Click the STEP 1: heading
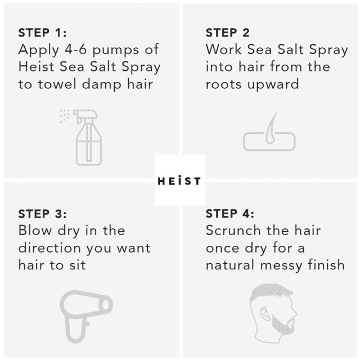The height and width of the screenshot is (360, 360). pyautogui.click(x=43, y=33)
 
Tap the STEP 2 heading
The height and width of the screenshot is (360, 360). pyautogui.click(x=227, y=33)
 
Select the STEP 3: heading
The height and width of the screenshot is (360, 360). pyautogui.click(x=43, y=214)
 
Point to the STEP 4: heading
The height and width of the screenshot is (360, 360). pyautogui.click(x=230, y=214)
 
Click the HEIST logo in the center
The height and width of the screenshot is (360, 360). pyautogui.click(x=179, y=181)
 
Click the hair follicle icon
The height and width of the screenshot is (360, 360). pyautogui.click(x=269, y=131)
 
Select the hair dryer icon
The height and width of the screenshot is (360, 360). pyautogui.click(x=86, y=316)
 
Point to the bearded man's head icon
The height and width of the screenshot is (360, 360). pyautogui.click(x=273, y=313)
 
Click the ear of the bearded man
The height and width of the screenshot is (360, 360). pyautogui.click(x=265, y=314)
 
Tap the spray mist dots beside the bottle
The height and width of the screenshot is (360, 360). pyautogui.click(x=64, y=116)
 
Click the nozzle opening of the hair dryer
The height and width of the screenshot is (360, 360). pyautogui.click(x=106, y=305)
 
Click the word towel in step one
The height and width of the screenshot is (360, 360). pyautogui.click(x=57, y=84)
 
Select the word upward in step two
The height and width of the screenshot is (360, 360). pyautogui.click(x=273, y=85)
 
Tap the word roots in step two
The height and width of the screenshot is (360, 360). pyautogui.click(x=223, y=85)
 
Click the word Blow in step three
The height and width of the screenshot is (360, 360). pyautogui.click(x=35, y=230)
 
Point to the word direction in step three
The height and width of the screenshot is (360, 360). pyautogui.click(x=49, y=248)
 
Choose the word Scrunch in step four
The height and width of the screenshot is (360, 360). pyautogui.click(x=233, y=230)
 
